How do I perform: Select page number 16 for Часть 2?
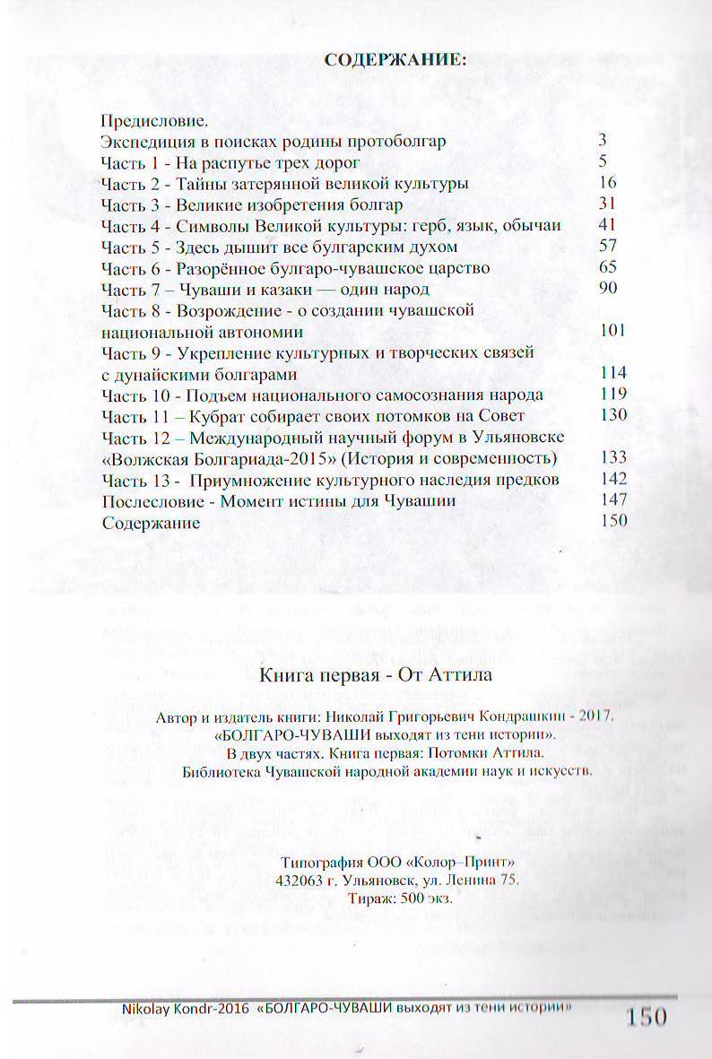tap(607, 183)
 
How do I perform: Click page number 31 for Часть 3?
tap(607, 204)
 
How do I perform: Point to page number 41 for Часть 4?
tap(607, 225)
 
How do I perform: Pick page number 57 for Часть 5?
tap(607, 247)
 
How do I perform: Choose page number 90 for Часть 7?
tap(607, 289)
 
